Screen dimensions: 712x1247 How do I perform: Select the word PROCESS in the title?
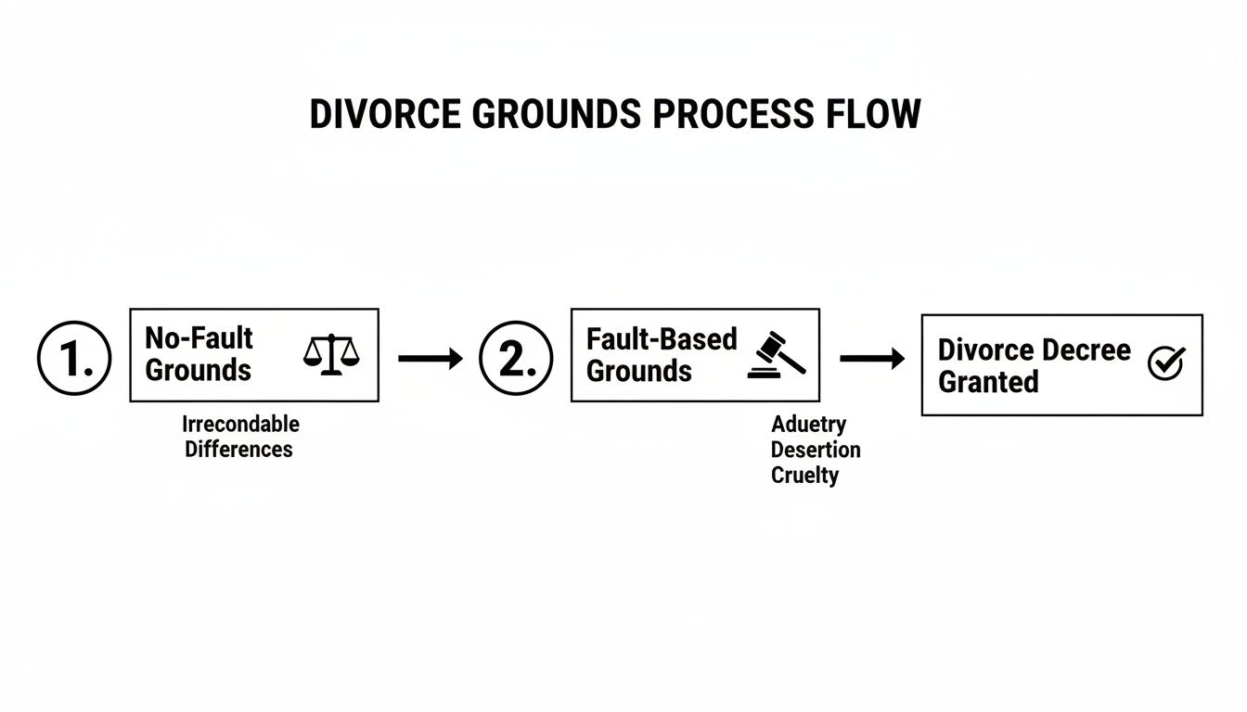click(x=728, y=114)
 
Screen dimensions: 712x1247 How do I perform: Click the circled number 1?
click(x=74, y=359)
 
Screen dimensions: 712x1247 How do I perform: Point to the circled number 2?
click(x=516, y=359)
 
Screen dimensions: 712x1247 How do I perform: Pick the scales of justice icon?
click(x=331, y=355)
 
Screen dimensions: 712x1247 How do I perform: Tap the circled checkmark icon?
click(x=1165, y=363)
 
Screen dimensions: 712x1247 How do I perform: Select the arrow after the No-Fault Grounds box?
click(x=430, y=359)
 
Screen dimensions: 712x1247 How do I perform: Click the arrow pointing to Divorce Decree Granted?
click(x=871, y=359)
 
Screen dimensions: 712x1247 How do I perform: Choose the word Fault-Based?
click(x=662, y=339)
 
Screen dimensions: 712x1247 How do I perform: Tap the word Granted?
click(x=988, y=382)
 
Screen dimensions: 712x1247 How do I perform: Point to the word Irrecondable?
click(x=240, y=425)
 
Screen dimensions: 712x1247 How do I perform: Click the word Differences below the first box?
click(x=238, y=450)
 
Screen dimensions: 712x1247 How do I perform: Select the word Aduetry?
click(x=809, y=425)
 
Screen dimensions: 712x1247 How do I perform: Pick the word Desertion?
click(x=816, y=451)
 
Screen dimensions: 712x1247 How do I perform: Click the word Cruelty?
click(x=804, y=476)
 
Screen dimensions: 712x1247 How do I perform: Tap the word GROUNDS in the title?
click(x=566, y=114)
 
